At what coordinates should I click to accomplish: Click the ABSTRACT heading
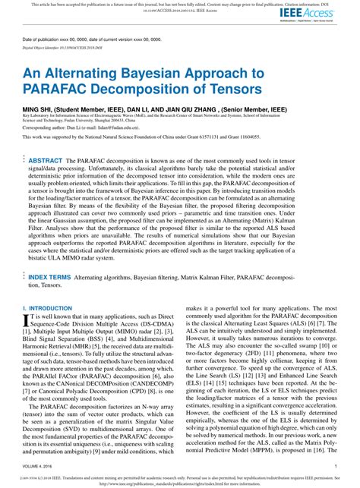pyautogui.click(x=45, y=140)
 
